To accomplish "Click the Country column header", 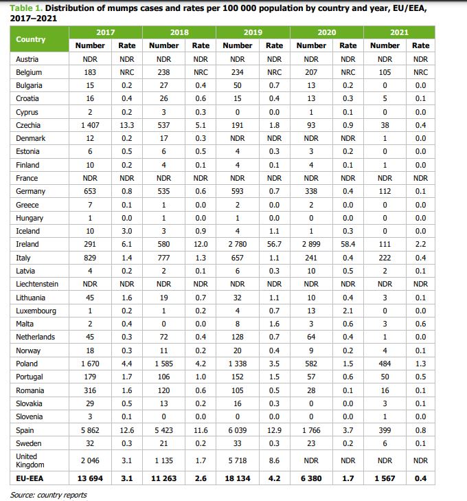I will point(31,39).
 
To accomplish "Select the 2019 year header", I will point(253,32).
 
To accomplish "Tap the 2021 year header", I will point(399,32).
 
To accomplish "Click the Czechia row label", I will point(28,125).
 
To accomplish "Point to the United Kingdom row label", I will point(28,460).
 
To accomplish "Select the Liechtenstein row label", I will point(37,284).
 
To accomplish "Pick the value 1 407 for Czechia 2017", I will point(89,125).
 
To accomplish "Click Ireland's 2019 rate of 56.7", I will point(274,244).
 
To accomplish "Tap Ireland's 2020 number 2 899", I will point(311,244).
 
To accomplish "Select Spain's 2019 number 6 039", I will point(238,430).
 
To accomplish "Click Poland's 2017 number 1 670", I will point(89,364).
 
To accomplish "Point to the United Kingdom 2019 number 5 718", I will point(238,460).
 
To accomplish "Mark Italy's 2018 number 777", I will point(163,257).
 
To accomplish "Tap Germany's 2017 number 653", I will point(89,191).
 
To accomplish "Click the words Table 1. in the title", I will point(27,8).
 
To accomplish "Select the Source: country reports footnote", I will point(49,495).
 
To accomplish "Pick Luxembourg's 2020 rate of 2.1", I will point(348,311).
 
